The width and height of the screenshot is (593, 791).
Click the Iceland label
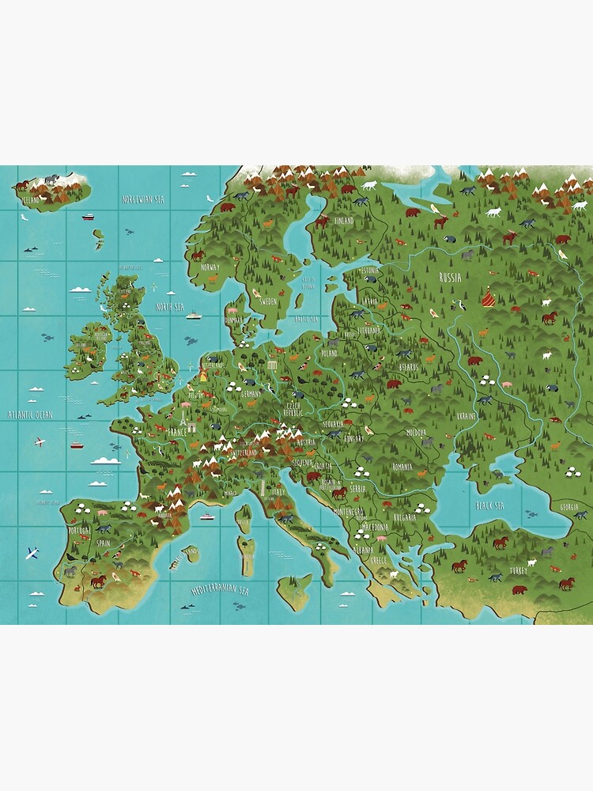point(30,201)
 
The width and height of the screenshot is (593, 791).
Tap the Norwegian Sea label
point(142,199)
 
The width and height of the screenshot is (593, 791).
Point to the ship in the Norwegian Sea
point(88,217)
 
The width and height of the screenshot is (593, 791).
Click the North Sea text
point(171,306)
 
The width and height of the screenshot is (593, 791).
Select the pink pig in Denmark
point(234,311)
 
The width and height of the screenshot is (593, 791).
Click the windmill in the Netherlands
point(202,371)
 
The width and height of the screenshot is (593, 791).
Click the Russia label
point(450,278)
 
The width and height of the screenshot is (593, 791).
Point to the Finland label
point(344,221)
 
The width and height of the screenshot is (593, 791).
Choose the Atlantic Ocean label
point(29,414)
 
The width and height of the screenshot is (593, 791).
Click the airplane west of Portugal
point(32,553)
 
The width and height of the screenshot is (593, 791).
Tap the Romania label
point(402,467)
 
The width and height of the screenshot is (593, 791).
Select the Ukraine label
point(466,415)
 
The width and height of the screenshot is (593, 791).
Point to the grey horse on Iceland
point(52,180)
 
